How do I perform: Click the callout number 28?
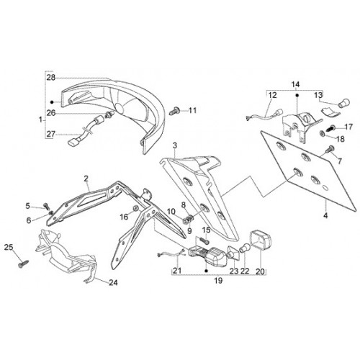click(x=51, y=78)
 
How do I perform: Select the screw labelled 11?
click(x=174, y=111)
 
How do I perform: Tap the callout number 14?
click(x=296, y=84)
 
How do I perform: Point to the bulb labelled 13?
click(x=344, y=104)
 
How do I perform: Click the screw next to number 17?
click(x=330, y=127)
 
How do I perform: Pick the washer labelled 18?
click(x=322, y=132)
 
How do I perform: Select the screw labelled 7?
click(x=329, y=149)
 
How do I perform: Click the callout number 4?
click(x=325, y=215)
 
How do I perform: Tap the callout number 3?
click(x=175, y=145)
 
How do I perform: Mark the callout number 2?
click(x=86, y=179)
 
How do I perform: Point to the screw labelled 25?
click(x=23, y=264)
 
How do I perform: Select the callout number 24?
click(x=113, y=283)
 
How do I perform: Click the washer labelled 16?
click(x=136, y=208)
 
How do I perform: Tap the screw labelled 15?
click(x=204, y=240)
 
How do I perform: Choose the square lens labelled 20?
click(x=261, y=240)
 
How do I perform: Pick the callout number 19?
click(x=218, y=280)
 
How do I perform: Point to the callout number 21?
click(x=177, y=271)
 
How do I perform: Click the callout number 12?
click(x=272, y=95)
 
